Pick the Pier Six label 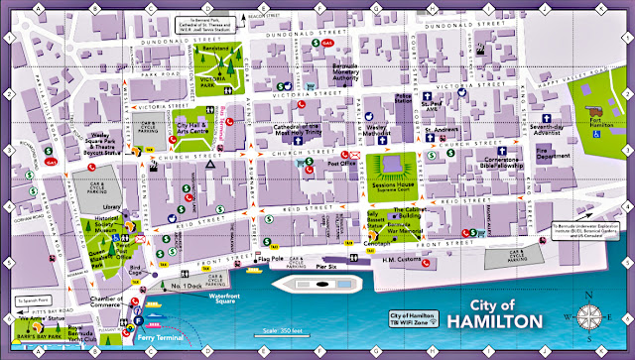pyautogui.click(x=327, y=266)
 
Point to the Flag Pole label pyautogui.click(x=269, y=261)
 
